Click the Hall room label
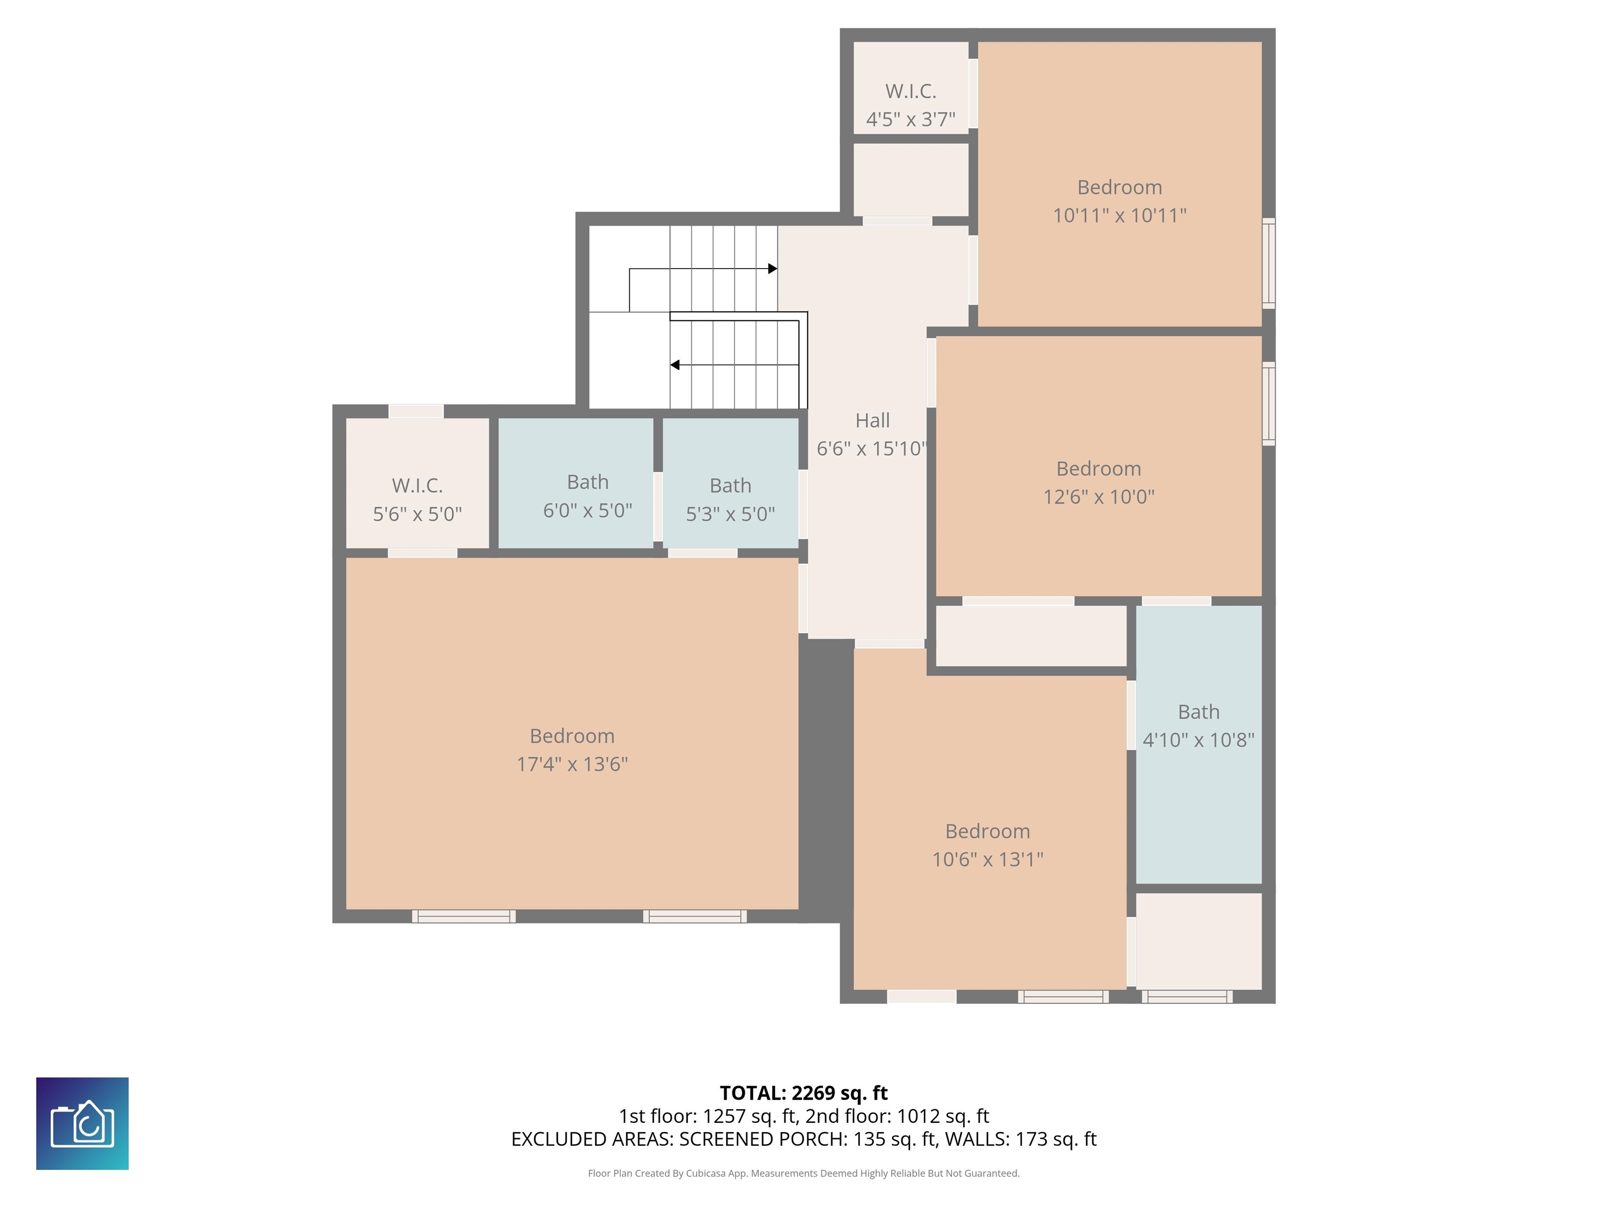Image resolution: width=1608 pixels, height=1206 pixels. coord(873,420)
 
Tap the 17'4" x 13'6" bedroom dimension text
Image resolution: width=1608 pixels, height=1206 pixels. coord(572,764)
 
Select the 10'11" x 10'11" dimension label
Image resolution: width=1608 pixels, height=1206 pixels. coord(1120,215)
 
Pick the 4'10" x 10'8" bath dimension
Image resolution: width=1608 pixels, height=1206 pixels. coord(1198,740)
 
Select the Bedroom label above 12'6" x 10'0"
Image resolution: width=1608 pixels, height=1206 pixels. coord(1098,469)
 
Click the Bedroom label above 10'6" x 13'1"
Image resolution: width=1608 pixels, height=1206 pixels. coord(987,831)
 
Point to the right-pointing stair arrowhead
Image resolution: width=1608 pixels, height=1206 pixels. coord(773,269)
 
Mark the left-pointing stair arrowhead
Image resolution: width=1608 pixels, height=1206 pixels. coord(675,365)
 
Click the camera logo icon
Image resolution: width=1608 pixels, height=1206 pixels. coord(82,1124)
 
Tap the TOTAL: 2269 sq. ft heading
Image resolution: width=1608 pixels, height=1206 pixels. coord(803,1093)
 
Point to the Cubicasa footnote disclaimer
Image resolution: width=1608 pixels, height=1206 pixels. coord(803,1174)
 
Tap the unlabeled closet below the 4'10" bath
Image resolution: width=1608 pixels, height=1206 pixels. coord(1198,941)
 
